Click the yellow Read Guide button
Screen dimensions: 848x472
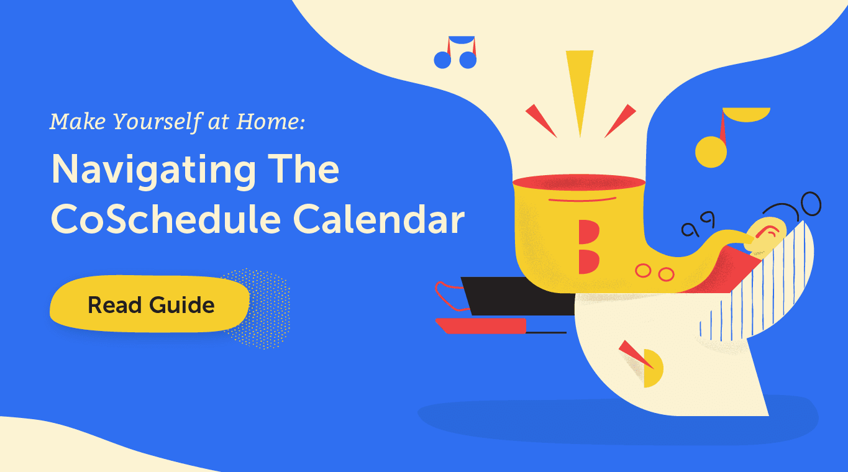pos(150,304)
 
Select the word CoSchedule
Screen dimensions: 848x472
pos(166,219)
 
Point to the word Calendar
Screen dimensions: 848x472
pos(379,219)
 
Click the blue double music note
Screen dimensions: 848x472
pos(455,52)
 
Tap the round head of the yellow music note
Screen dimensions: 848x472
pos(711,152)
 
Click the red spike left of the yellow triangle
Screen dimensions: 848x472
pos(540,120)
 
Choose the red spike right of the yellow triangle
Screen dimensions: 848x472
pos(621,120)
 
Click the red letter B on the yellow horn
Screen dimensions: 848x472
pos(589,247)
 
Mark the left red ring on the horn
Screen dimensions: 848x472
pos(643,271)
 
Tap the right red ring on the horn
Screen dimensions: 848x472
pos(666,274)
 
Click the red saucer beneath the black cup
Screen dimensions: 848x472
pos(481,325)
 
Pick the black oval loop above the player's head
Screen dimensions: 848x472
pos(810,204)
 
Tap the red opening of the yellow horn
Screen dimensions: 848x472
pos(579,183)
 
